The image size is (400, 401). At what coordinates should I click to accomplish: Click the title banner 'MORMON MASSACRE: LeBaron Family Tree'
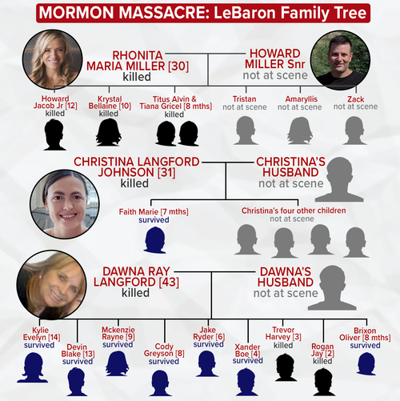[203, 13]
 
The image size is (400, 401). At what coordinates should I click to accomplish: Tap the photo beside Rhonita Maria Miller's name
[53, 59]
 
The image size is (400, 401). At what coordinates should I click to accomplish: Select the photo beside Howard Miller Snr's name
[340, 60]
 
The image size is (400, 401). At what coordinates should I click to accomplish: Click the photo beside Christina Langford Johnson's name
[65, 204]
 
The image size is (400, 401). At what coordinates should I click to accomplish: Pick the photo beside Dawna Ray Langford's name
[51, 285]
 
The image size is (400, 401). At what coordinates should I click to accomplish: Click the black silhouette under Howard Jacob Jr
[54, 134]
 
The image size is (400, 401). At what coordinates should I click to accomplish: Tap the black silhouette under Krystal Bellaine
[109, 132]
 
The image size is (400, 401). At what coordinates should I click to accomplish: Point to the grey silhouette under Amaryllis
[300, 130]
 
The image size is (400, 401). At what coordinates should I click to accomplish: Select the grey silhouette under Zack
[354, 130]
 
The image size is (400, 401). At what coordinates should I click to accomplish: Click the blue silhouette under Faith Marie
[155, 240]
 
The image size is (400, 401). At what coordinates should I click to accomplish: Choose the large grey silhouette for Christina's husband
[339, 179]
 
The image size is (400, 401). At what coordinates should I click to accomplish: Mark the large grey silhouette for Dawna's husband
[332, 287]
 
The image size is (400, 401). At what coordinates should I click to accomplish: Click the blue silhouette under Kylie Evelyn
[33, 367]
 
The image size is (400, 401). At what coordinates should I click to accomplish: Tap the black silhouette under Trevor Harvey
[286, 367]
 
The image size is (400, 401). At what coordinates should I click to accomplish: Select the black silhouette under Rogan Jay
[323, 382]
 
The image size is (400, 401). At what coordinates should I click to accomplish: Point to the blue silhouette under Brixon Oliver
[366, 363]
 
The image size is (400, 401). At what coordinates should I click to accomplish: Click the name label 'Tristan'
[244, 99]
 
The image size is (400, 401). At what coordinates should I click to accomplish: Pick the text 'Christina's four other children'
[294, 211]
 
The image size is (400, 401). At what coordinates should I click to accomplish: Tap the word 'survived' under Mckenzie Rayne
[118, 344]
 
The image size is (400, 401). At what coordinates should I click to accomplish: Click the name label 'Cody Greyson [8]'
[164, 350]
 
